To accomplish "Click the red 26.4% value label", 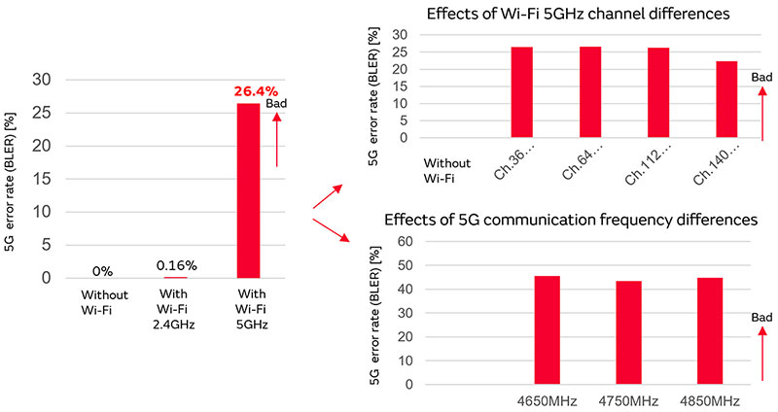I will pyautogui.click(x=255, y=91).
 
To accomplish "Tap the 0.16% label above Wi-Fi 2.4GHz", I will pyautogui.click(x=177, y=265).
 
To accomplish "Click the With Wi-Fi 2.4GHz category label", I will pyautogui.click(x=177, y=309).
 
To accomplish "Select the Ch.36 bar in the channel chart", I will pyautogui.click(x=521, y=92).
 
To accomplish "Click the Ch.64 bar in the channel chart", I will pyautogui.click(x=589, y=92).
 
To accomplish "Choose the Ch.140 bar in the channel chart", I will pyautogui.click(x=725, y=99).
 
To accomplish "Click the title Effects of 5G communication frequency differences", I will pyautogui.click(x=571, y=220).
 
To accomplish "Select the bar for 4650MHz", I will pyautogui.click(x=547, y=330).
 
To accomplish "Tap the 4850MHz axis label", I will pyautogui.click(x=711, y=401).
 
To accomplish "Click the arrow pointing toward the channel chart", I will pyautogui.click(x=327, y=195).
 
